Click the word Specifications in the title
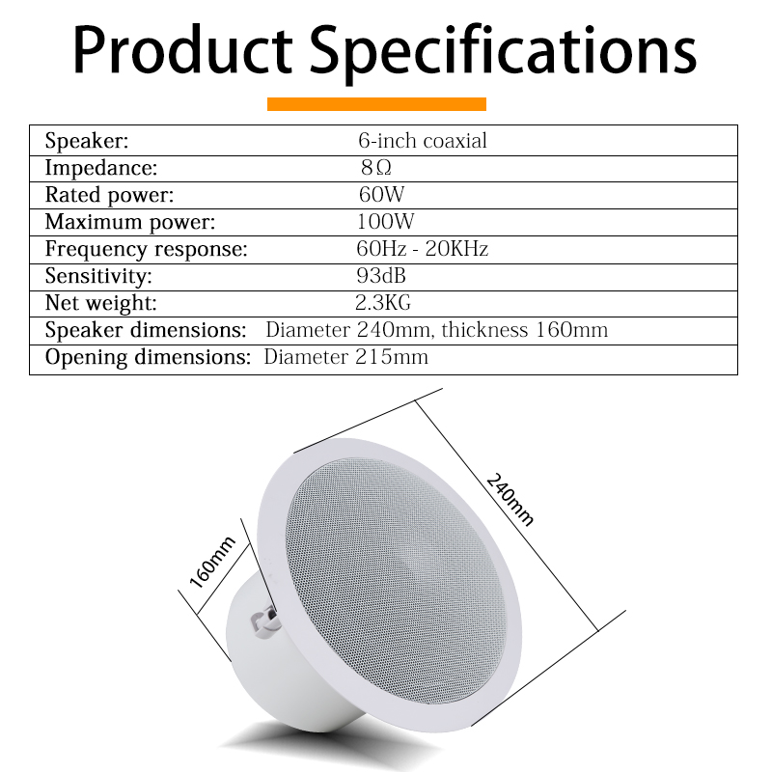coord(503,53)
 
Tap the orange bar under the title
coord(376,104)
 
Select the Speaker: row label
coord(87,141)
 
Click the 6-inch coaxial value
coord(423,141)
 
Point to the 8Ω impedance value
coord(376,168)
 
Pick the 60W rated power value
coord(381,195)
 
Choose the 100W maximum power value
coord(385,222)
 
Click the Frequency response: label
coord(147,249)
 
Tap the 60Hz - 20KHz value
coord(423,249)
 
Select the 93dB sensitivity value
coord(381,276)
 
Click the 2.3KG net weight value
coord(383,303)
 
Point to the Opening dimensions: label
coord(148,357)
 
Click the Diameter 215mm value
coord(346,357)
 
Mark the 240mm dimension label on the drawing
coord(510,499)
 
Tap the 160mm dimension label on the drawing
coord(212,563)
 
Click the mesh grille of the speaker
coord(397,581)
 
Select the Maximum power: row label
coord(130,222)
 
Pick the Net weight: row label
coord(101,303)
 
